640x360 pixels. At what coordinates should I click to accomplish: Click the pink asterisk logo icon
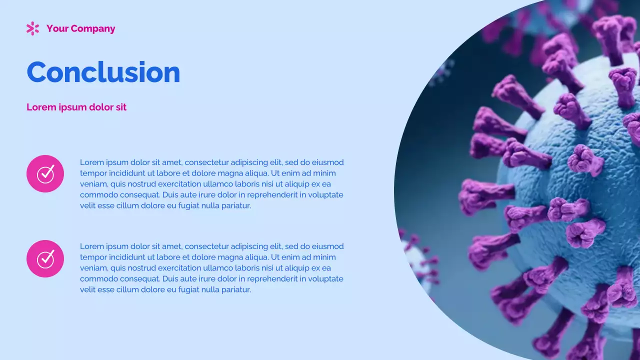32,28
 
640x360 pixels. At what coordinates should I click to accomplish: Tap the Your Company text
80,28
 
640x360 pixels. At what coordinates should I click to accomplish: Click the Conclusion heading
103,72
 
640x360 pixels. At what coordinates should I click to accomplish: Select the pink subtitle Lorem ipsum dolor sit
76,107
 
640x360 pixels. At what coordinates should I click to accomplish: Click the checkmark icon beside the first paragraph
45,173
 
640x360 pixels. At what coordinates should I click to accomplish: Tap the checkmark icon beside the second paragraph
45,258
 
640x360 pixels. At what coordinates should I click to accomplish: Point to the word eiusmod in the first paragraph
328,162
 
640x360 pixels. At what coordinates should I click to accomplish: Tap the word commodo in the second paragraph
96,279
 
